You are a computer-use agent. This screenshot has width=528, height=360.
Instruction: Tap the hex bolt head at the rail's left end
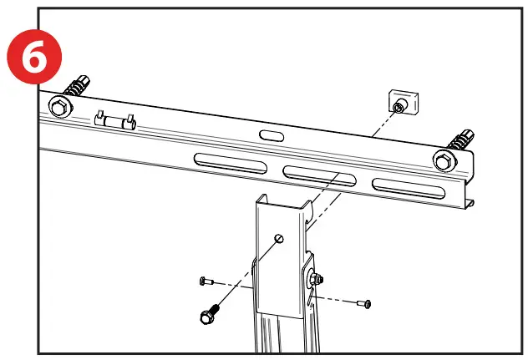58,106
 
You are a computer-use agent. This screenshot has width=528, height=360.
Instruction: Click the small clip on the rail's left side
114,121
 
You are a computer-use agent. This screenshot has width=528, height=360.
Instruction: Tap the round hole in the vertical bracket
281,238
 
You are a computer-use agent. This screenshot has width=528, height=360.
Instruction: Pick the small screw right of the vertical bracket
363,302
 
